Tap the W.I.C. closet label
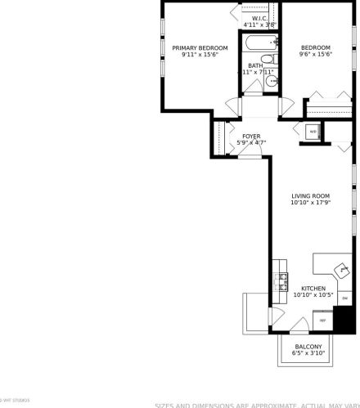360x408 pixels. click(x=259, y=18)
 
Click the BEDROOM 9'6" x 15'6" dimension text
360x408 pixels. click(x=314, y=55)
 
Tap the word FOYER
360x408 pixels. click(x=251, y=136)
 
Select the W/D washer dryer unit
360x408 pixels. click(x=312, y=132)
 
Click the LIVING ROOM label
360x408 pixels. click(x=310, y=195)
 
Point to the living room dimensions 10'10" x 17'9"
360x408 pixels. click(x=310, y=203)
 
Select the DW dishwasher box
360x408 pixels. click(x=344, y=297)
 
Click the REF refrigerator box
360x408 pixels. click(x=322, y=321)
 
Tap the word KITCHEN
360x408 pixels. click(x=313, y=289)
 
